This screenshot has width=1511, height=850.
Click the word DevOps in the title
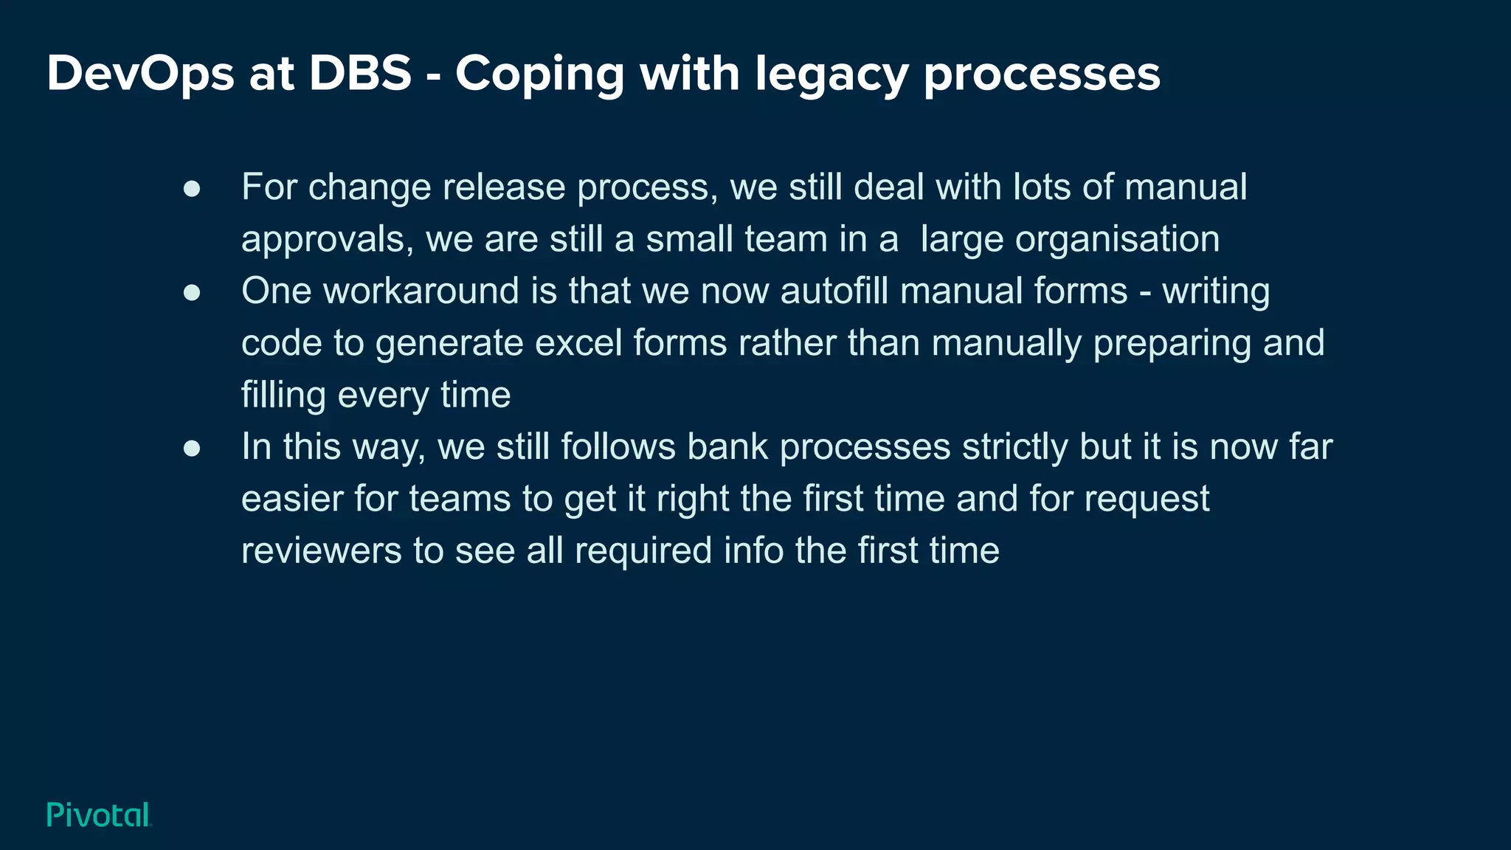(140, 74)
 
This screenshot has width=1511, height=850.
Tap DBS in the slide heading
(359, 74)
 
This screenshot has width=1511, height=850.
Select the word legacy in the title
(831, 75)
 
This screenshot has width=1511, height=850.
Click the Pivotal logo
(99, 815)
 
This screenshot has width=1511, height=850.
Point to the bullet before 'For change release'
(192, 189)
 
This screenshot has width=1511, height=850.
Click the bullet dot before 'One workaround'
(192, 293)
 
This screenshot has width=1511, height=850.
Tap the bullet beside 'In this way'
(192, 449)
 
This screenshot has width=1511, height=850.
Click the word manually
(1006, 344)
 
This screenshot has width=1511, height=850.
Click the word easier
(292, 500)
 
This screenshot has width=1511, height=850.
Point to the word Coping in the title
(539, 75)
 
